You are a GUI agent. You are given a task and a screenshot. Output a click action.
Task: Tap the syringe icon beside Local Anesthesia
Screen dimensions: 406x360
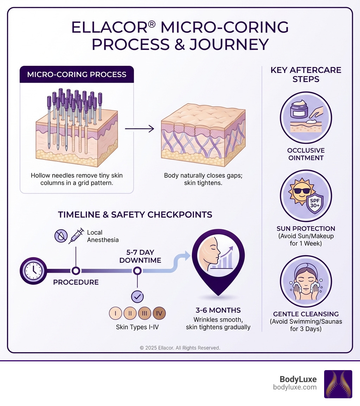pyautogui.click(x=76, y=236)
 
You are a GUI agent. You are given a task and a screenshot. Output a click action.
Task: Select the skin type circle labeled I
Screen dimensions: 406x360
pyautogui.click(x=116, y=313)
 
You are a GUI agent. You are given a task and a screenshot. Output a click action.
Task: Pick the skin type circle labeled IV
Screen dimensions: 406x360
pyautogui.click(x=159, y=313)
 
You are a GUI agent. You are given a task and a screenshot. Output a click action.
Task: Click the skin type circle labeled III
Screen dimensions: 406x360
pyautogui.click(x=144, y=313)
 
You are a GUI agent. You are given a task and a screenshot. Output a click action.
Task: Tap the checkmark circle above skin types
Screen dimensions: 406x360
pyautogui.click(x=137, y=297)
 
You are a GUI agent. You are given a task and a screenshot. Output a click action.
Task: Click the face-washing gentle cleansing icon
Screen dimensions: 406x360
pyautogui.click(x=306, y=281)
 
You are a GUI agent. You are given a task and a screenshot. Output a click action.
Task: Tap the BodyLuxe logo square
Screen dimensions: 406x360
pyautogui.click(x=338, y=384)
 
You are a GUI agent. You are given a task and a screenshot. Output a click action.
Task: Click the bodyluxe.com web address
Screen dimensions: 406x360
pyautogui.click(x=295, y=387)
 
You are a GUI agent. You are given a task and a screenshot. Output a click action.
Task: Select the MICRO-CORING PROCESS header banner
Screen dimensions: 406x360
pyautogui.click(x=77, y=75)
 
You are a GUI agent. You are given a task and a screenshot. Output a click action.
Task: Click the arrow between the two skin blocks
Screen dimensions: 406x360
pyautogui.click(x=140, y=129)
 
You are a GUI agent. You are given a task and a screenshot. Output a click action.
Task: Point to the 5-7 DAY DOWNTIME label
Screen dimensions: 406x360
pyautogui.click(x=140, y=256)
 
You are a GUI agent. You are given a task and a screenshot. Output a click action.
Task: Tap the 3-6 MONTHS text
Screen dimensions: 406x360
pyautogui.click(x=218, y=310)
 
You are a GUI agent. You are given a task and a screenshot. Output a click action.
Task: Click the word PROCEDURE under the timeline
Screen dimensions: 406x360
pyautogui.click(x=76, y=282)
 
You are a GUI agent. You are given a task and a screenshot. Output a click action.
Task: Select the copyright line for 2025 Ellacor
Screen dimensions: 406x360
pyautogui.click(x=180, y=348)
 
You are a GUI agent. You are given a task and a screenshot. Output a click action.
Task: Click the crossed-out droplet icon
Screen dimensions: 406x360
pyautogui.click(x=61, y=236)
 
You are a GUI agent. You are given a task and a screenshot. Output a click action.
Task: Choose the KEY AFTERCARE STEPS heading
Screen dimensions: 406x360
pyautogui.click(x=306, y=74)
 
